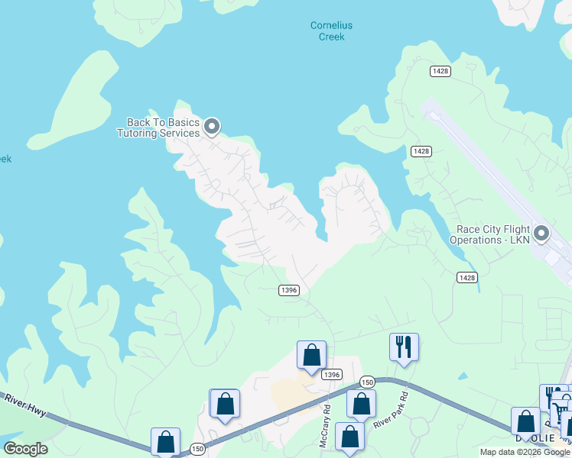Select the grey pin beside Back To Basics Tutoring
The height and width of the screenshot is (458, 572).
tap(213, 126)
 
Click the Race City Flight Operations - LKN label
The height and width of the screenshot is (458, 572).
tap(493, 234)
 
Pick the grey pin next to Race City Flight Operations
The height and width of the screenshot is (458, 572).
tap(542, 233)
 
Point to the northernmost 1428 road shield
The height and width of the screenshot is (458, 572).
tap(440, 71)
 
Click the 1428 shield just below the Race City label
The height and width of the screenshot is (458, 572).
tap(467, 276)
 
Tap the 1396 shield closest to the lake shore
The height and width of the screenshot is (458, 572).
tap(288, 290)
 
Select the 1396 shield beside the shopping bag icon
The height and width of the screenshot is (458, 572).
tap(331, 374)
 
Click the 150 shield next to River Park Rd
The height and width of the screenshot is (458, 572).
tap(367, 382)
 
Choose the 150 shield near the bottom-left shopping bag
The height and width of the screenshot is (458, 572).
tap(197, 449)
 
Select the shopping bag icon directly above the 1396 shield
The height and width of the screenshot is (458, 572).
tap(311, 356)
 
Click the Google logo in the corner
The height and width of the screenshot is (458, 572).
tap(25, 449)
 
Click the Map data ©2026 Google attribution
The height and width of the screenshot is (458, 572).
tap(525, 452)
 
